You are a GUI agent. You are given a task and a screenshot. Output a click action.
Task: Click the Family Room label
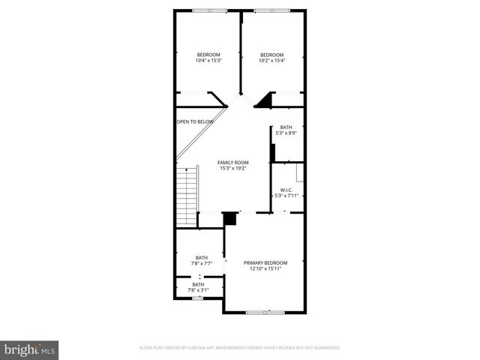tap(232, 162)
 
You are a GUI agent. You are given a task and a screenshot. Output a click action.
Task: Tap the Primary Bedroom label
tap(265, 262)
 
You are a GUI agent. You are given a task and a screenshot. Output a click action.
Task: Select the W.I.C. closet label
tap(286, 190)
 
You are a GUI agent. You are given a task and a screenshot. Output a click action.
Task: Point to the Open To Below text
tap(195, 121)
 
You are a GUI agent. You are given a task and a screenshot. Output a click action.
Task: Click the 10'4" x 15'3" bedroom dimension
tap(208, 61)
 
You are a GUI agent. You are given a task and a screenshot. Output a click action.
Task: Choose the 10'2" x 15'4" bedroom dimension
tap(271, 61)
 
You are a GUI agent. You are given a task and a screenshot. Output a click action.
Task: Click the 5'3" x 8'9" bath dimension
tap(286, 133)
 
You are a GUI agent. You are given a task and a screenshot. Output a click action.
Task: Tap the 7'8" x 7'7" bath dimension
tap(202, 264)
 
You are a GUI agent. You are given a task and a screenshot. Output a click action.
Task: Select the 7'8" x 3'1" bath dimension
tap(198, 290)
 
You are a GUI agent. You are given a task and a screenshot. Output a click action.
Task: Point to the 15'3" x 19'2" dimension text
tap(233, 169)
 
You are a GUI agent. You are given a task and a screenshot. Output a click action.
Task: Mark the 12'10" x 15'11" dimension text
tap(265, 269)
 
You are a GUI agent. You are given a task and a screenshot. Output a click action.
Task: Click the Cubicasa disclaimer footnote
tap(240, 348)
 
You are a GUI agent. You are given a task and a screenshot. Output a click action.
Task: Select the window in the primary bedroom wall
tap(265, 311)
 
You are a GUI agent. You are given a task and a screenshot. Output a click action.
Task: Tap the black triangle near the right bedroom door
tap(264, 101)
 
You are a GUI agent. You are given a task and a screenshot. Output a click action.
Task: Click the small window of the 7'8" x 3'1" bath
tap(197, 298)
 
